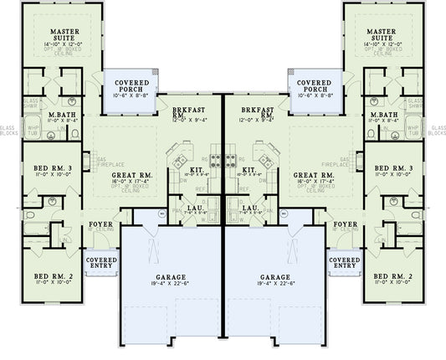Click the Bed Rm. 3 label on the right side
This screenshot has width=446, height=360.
[x=392, y=169]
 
